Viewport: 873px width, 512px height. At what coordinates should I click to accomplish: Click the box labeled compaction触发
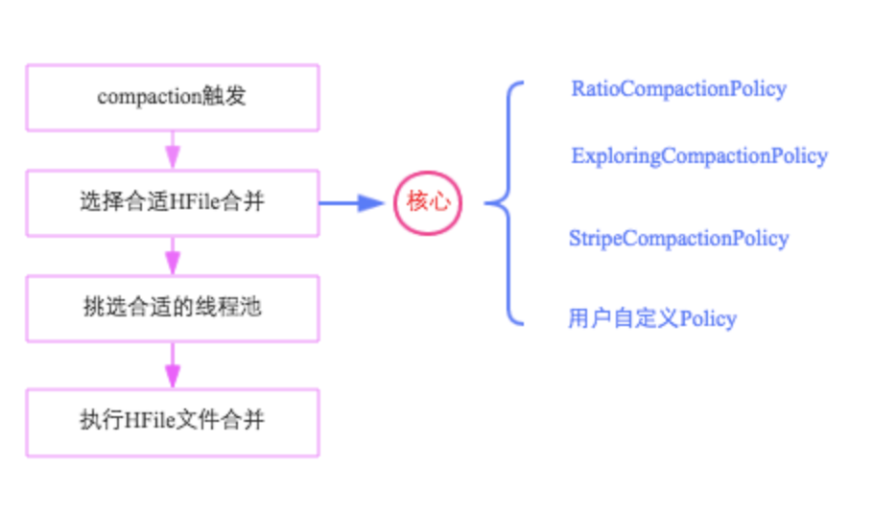click(x=173, y=98)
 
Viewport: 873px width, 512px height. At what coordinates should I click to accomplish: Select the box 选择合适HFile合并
click(x=173, y=202)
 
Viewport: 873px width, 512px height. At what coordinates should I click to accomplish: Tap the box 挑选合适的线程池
click(x=173, y=308)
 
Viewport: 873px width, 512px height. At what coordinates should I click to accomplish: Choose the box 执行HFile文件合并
click(x=173, y=422)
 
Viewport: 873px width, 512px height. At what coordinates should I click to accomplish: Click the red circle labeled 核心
click(x=428, y=202)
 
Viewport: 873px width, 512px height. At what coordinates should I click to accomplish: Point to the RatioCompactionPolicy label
click(x=678, y=89)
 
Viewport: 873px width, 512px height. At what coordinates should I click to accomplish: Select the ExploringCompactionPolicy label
click(x=698, y=155)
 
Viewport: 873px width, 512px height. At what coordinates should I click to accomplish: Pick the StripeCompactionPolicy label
click(x=678, y=239)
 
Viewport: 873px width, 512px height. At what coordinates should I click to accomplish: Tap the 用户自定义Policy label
click(x=652, y=318)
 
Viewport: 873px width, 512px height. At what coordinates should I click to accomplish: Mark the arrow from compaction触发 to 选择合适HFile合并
click(x=173, y=150)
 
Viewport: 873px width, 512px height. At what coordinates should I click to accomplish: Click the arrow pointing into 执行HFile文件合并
click(x=173, y=364)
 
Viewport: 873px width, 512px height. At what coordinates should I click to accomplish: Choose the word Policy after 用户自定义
click(x=708, y=318)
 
